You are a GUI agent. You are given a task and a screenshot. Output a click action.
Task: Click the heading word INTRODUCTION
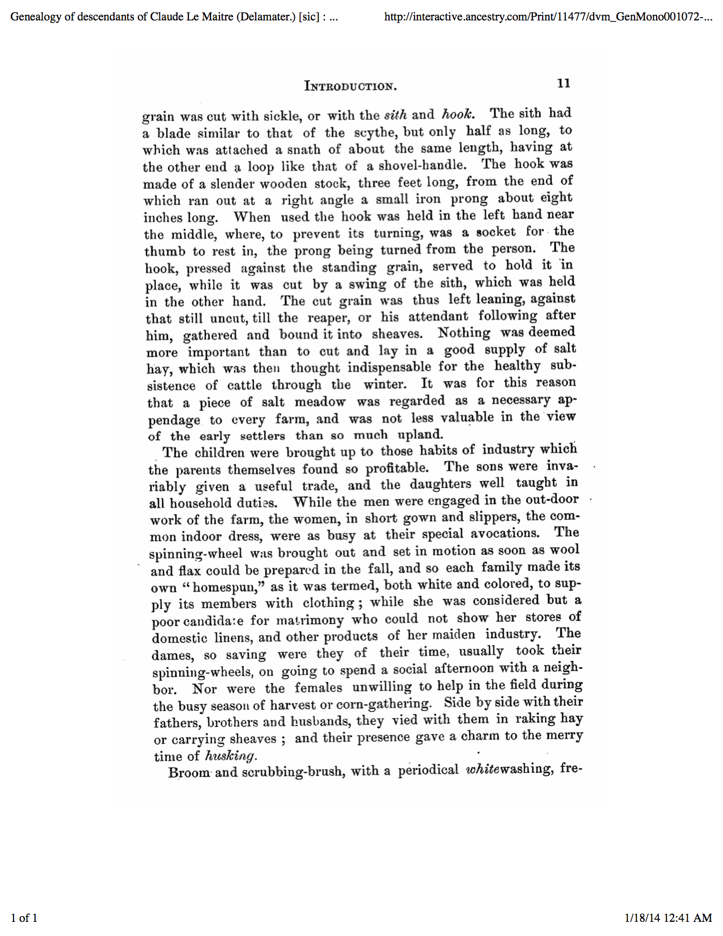click(350, 86)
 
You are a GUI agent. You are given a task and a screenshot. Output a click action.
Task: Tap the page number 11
click(563, 83)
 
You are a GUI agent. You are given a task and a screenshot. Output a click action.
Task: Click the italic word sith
click(395, 115)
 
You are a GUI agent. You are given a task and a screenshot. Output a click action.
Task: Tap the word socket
click(496, 232)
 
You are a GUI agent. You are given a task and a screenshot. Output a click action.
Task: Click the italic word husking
click(231, 756)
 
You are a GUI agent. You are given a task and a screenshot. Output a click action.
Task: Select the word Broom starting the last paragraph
click(189, 773)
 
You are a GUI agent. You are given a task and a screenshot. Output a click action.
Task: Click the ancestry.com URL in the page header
click(548, 16)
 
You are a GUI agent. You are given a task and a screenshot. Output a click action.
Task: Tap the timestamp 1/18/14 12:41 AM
click(668, 918)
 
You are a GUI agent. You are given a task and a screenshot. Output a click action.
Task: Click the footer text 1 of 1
click(24, 918)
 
